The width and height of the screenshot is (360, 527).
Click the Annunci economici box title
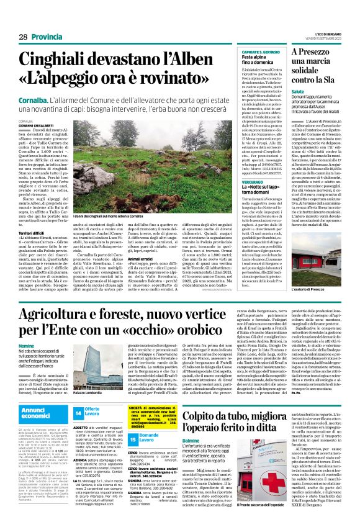click(x=37, y=413)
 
